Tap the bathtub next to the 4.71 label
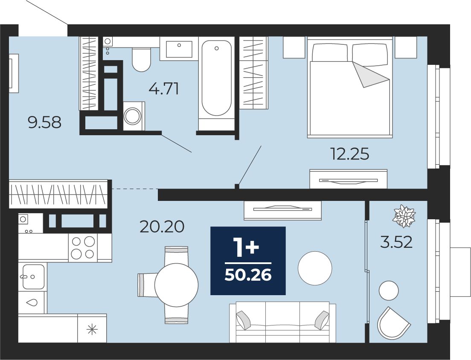click(217, 78)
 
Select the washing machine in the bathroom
click(134, 116)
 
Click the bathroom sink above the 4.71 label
click(179, 49)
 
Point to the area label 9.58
click(44, 122)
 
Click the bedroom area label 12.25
click(350, 154)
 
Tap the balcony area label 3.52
click(396, 242)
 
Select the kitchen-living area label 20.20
click(162, 226)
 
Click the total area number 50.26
click(248, 275)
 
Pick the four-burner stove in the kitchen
click(83, 247)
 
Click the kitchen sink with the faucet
click(32, 276)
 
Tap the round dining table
click(176, 285)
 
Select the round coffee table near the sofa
click(315, 268)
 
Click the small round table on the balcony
click(389, 290)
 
